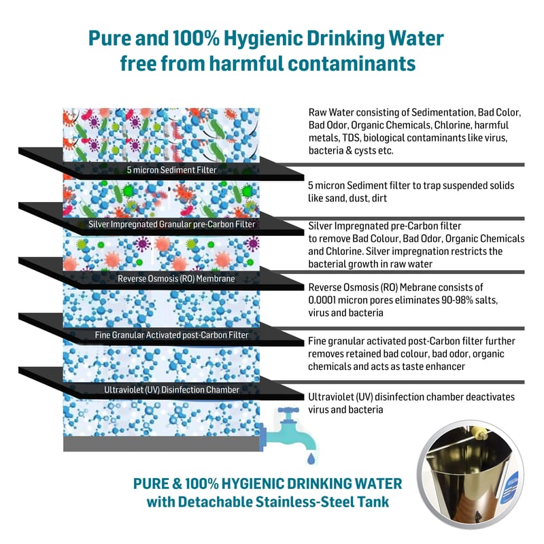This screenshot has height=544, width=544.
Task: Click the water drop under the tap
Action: (x=311, y=461)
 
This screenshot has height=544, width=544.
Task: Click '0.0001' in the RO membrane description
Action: (x=327, y=301)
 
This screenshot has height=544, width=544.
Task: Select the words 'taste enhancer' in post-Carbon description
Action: (x=431, y=367)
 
